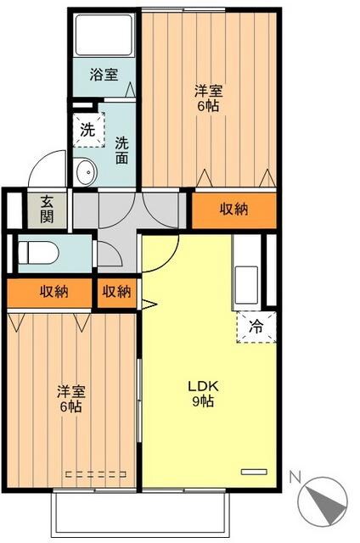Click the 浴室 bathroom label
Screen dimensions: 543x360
pos(104,75)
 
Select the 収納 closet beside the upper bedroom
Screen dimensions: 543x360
pos(233,210)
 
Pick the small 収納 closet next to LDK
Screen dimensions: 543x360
pos(117,292)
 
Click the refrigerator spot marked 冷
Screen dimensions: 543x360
pos(256,324)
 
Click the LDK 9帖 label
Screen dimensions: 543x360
pos(201,392)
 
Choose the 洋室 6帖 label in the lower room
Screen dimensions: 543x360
pos(69,399)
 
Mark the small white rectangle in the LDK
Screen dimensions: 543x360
pos(253,470)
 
